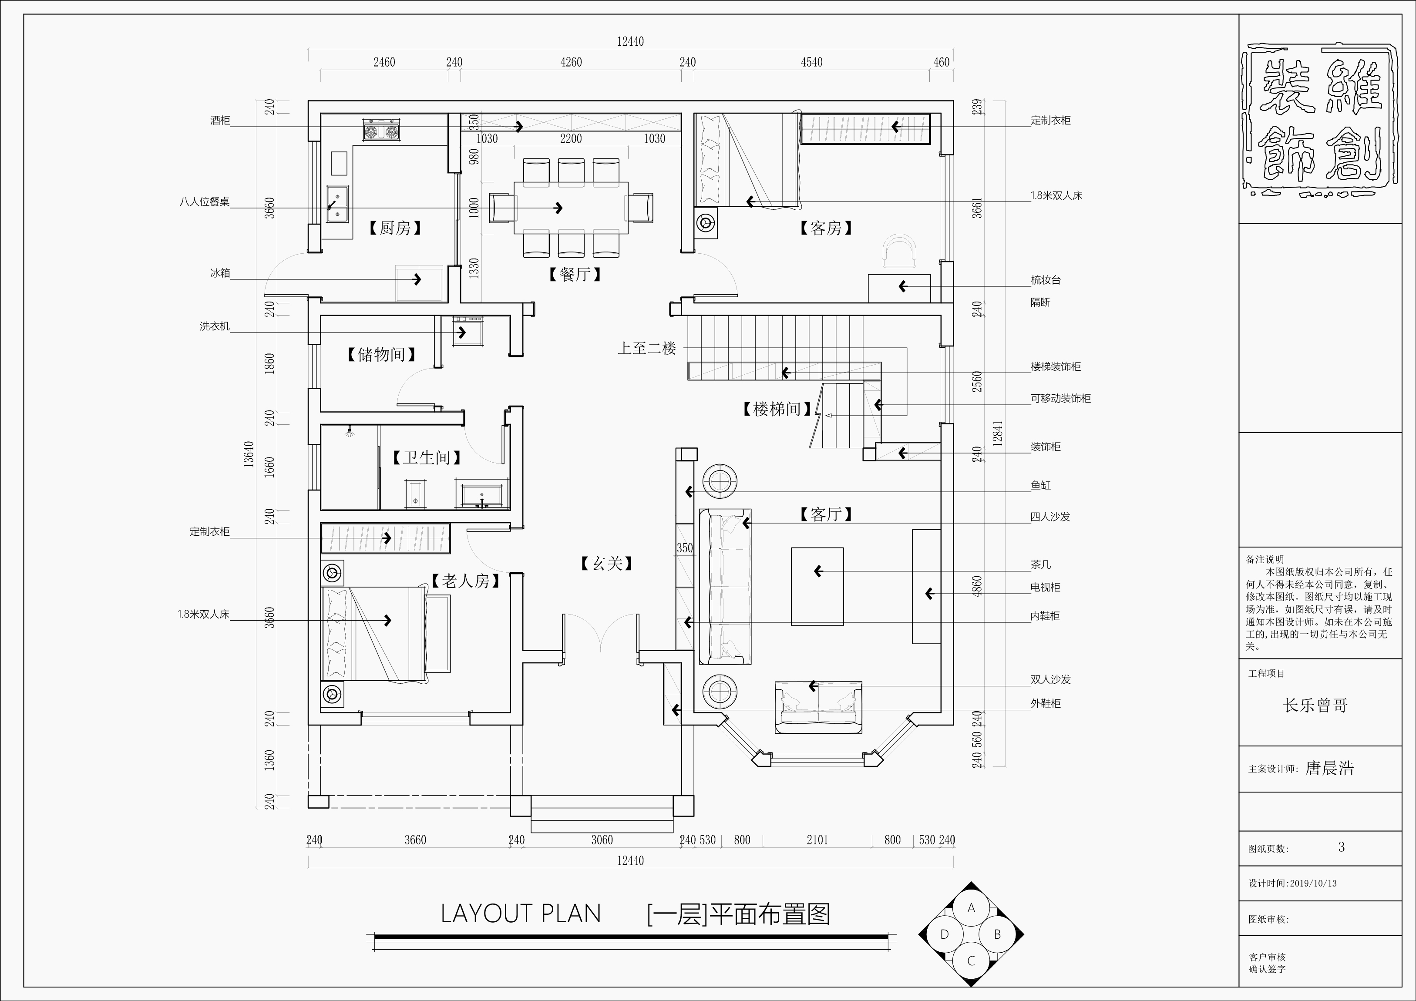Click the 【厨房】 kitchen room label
(x=395, y=228)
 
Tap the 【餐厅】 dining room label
(x=575, y=275)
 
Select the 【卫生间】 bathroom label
(x=427, y=458)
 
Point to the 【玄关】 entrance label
(x=607, y=563)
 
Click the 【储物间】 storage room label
(x=380, y=355)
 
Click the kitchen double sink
(x=337, y=204)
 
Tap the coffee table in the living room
(x=817, y=586)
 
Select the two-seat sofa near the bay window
(x=818, y=707)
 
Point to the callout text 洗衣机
(x=214, y=326)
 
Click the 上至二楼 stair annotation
(x=647, y=349)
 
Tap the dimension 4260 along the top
(x=571, y=62)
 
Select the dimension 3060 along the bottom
(x=602, y=840)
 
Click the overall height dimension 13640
(x=249, y=454)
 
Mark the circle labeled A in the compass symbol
(x=971, y=908)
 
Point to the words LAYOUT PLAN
(x=521, y=914)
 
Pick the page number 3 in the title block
(x=1342, y=847)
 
